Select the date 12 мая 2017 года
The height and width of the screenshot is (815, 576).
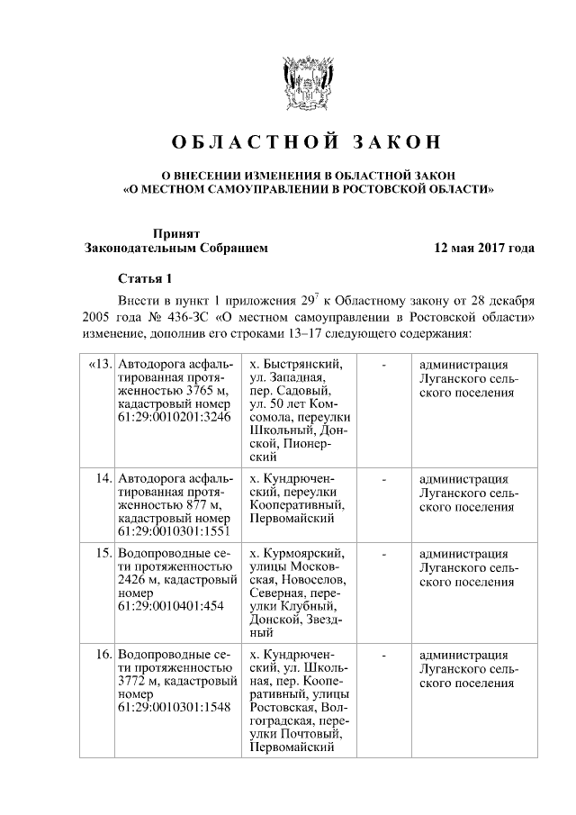click(x=484, y=247)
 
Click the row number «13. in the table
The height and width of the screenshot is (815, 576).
click(x=99, y=365)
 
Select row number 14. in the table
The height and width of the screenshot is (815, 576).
click(x=103, y=478)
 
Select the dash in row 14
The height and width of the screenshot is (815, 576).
click(x=384, y=478)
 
